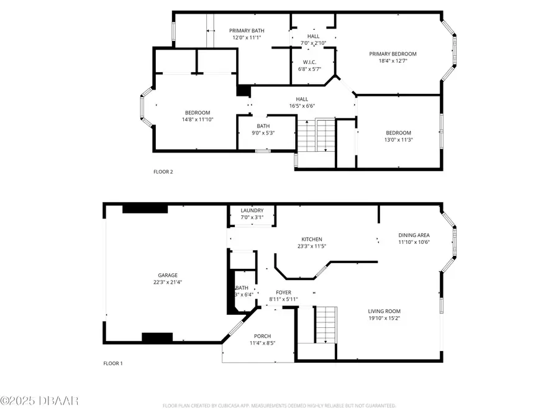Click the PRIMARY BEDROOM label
(x=393, y=54)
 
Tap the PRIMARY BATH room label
(x=247, y=30)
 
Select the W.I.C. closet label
(x=310, y=62)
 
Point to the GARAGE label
(x=168, y=275)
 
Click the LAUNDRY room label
(x=252, y=210)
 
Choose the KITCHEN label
(x=312, y=239)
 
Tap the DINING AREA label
(x=414, y=235)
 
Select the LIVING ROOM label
(x=384, y=311)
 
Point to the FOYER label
(x=283, y=292)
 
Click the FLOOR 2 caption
(x=163, y=172)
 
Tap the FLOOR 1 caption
(x=113, y=363)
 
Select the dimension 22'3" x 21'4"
(x=168, y=282)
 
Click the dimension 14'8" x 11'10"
(x=198, y=119)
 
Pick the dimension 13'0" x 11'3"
(x=398, y=140)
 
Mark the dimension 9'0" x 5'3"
(x=263, y=132)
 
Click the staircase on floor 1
(x=325, y=324)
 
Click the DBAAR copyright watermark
(x=39, y=400)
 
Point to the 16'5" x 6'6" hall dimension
(x=302, y=106)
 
